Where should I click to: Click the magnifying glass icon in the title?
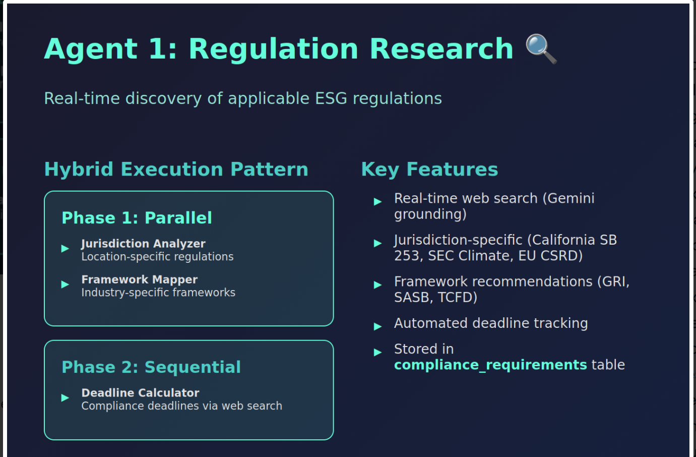541,49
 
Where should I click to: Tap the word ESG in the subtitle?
331,98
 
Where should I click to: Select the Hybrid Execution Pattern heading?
176,170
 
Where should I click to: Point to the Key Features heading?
429,170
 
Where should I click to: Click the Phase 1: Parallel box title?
137,217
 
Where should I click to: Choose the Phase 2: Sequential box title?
151,367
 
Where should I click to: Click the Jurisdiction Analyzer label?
143,244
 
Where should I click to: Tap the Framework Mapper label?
140,279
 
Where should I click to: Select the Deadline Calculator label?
140,393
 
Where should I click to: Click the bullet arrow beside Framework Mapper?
65,284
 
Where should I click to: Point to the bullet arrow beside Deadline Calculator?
65,397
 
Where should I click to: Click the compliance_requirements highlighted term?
490,365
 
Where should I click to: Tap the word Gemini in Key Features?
571,198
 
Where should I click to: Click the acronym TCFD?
458,298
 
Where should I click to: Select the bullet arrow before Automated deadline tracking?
377,326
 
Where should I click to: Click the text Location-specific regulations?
157,257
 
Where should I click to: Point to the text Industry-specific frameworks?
158,293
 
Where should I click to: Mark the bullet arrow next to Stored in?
377,352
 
